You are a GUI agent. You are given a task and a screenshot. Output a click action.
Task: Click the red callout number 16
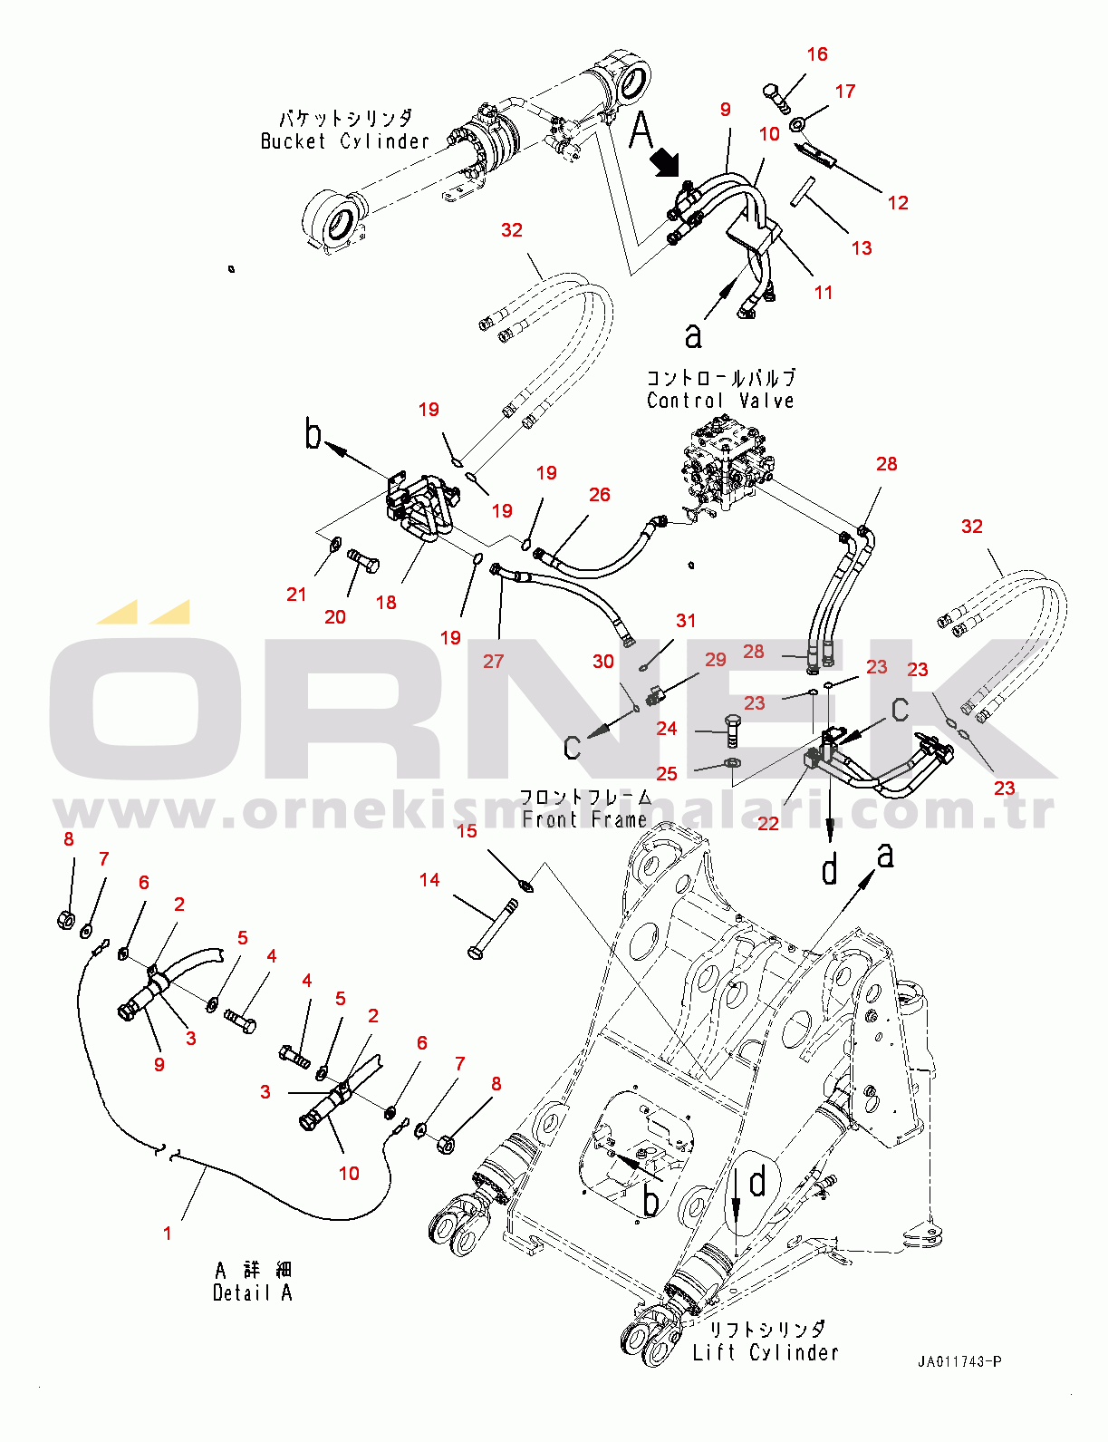(x=817, y=54)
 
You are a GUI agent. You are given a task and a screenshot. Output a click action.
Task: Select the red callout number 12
(x=898, y=202)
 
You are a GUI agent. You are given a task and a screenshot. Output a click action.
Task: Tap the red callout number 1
(x=167, y=1233)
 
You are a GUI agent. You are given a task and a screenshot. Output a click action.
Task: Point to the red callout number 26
(x=600, y=494)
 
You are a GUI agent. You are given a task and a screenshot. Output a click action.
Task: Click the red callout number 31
(x=686, y=621)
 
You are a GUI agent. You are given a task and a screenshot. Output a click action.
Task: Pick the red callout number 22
(x=768, y=824)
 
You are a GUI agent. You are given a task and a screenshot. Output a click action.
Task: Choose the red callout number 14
(x=429, y=880)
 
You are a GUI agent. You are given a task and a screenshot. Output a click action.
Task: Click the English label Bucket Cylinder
(x=345, y=141)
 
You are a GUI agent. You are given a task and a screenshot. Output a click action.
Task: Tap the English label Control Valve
(x=720, y=401)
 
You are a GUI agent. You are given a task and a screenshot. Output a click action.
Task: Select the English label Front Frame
(x=584, y=819)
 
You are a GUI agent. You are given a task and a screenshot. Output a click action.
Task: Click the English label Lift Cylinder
(x=766, y=1352)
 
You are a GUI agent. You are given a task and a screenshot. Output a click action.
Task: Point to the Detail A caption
(x=252, y=1293)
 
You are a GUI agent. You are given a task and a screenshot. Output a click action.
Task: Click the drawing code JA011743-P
(x=959, y=1361)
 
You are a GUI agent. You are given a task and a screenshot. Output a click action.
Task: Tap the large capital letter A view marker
(x=641, y=131)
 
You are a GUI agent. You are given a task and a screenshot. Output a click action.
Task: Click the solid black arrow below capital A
(x=666, y=163)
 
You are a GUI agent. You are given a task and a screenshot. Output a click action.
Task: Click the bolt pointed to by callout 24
(x=731, y=731)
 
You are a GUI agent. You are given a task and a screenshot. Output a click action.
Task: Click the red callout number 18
(x=386, y=603)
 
